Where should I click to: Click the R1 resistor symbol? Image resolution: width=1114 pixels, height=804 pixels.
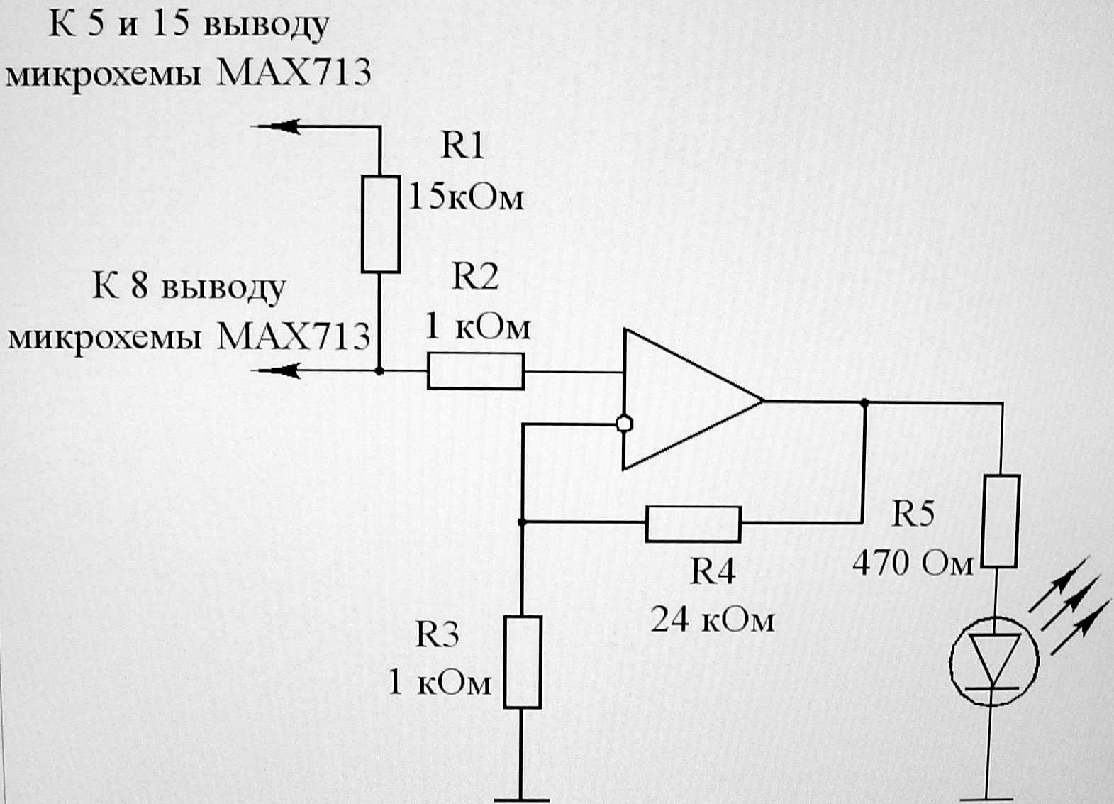click(381, 224)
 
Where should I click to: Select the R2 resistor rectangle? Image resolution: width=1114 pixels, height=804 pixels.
click(476, 371)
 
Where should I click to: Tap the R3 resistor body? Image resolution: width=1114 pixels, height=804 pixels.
click(523, 662)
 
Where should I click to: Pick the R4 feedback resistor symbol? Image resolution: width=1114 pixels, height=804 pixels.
click(694, 524)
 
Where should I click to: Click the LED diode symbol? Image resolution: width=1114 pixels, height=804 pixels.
click(994, 661)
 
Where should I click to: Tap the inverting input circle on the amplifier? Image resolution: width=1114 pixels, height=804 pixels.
click(624, 424)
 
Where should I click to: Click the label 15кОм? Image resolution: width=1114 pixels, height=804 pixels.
click(466, 197)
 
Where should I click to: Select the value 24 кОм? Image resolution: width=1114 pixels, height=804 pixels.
click(712, 619)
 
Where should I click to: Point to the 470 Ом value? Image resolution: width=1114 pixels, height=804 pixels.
click(913, 563)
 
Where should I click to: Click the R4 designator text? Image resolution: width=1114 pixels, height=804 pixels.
click(713, 571)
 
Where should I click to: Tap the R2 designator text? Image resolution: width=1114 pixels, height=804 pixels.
click(475, 276)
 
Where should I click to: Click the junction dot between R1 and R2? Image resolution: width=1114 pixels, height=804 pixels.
click(379, 370)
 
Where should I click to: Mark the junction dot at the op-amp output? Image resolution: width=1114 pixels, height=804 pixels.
click(864, 402)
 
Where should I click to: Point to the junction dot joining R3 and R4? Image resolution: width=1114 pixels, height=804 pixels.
click(522, 522)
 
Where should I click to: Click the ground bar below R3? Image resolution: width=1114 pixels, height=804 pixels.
click(522, 799)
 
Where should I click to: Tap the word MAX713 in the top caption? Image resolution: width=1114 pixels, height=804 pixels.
click(294, 73)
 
